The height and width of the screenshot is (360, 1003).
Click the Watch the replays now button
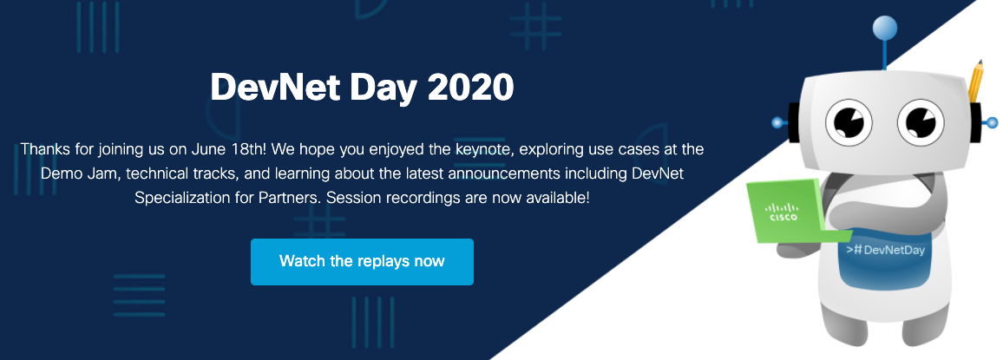[362, 261]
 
